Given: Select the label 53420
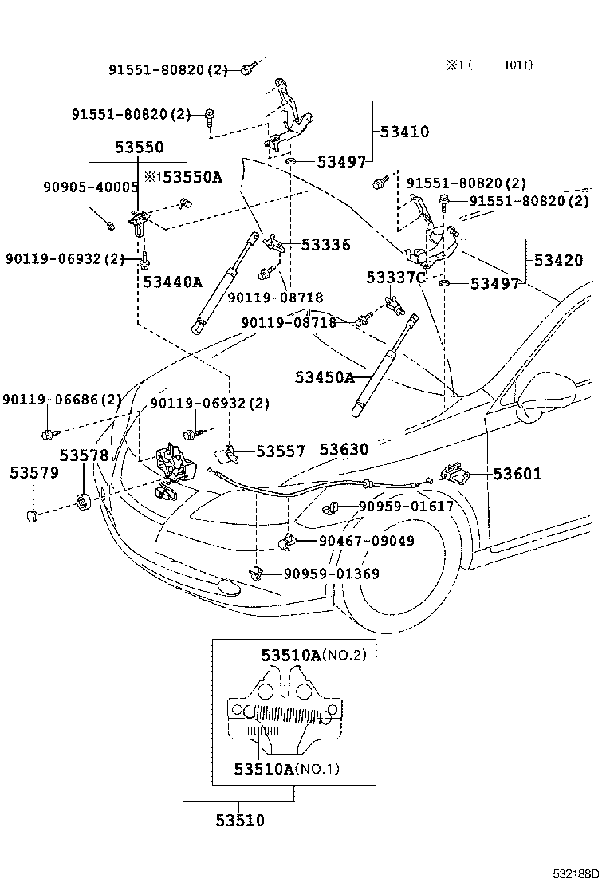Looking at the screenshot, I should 557,260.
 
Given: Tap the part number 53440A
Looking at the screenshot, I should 172,281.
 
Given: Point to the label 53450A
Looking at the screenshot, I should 324,377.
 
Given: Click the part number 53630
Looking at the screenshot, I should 344,450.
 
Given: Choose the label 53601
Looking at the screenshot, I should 517,475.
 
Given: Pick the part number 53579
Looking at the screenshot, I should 34,473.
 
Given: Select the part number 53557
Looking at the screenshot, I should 280,451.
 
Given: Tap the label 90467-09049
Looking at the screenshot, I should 366,541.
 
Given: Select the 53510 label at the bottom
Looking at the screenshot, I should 239,820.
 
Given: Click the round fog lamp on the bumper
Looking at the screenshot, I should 229,589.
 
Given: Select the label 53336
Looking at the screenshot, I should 325,245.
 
